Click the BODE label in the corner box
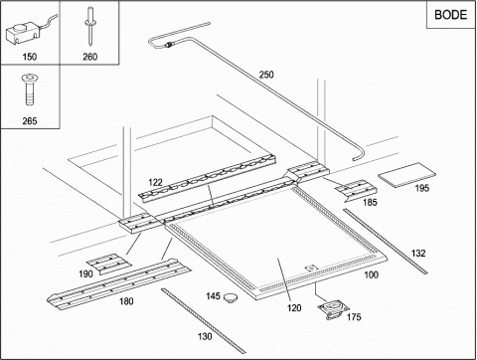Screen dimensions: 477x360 click(x=450, y=15)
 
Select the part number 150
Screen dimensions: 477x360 click(x=30, y=57)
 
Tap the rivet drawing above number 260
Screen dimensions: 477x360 click(x=89, y=27)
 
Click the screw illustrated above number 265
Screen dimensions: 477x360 click(x=30, y=90)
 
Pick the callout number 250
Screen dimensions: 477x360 click(x=266, y=75)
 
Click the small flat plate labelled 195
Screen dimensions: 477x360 click(x=407, y=175)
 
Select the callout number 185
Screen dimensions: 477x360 click(x=370, y=202)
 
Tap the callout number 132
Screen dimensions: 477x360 click(x=418, y=254)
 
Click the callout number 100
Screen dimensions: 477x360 click(x=372, y=274)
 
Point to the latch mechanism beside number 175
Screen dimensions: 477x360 click(x=334, y=310)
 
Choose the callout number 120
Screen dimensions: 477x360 click(x=294, y=308)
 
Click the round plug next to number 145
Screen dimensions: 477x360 click(x=231, y=297)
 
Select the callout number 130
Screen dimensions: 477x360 click(x=205, y=336)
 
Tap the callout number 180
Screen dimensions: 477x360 click(x=126, y=301)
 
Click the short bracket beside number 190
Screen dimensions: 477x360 click(x=109, y=264)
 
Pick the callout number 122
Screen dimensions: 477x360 click(x=155, y=182)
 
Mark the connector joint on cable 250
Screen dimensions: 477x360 click(x=170, y=45)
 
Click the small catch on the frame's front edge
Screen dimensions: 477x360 click(x=311, y=268)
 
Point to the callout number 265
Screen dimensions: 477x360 click(x=30, y=121)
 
